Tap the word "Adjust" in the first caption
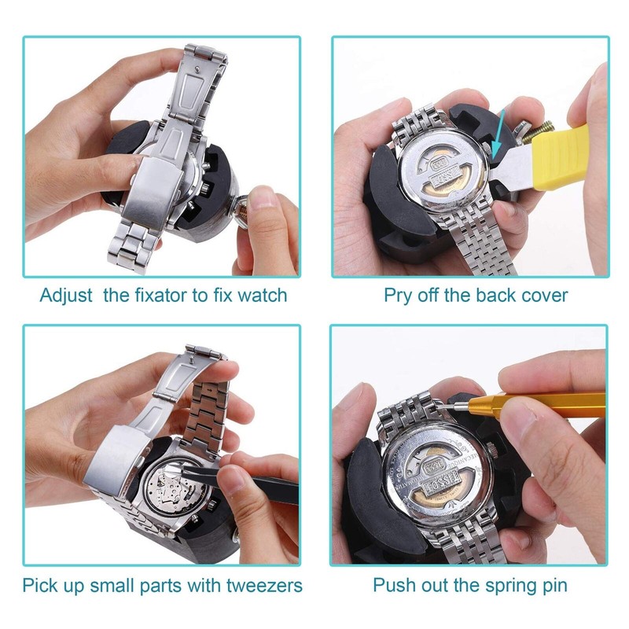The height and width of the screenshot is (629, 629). tap(68, 296)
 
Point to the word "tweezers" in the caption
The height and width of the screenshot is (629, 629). tap(263, 586)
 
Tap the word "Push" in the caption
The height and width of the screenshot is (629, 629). tap(393, 586)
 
